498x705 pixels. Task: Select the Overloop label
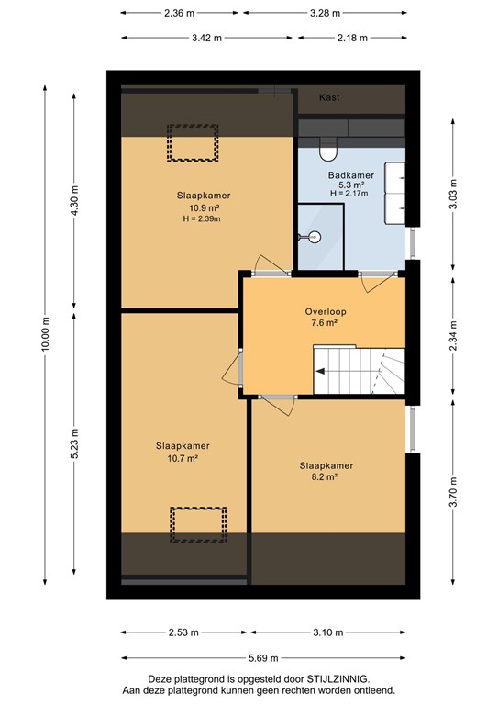click(x=326, y=311)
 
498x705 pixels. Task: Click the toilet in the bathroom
click(x=327, y=146)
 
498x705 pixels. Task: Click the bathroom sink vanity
click(x=396, y=193)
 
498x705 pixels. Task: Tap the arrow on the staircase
click(x=323, y=372)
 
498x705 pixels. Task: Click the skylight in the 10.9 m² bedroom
click(x=192, y=143)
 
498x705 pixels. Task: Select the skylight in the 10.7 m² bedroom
click(x=197, y=525)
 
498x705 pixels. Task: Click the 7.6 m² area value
click(x=326, y=323)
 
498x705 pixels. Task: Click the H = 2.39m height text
click(x=204, y=218)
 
